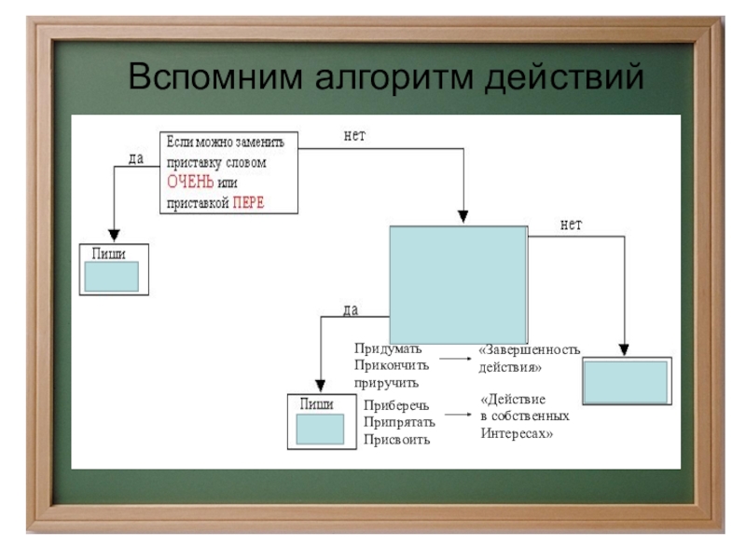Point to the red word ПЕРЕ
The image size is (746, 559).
coord(248,202)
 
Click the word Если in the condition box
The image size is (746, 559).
coord(179,142)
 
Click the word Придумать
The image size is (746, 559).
coord(387,348)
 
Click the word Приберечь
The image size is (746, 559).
coord(396,405)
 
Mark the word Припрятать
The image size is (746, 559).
coord(400,422)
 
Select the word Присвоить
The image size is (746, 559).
coord(396,439)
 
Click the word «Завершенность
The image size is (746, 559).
coord(529,349)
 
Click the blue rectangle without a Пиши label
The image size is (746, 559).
coord(626,380)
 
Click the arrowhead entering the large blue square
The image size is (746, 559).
coord(463,219)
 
